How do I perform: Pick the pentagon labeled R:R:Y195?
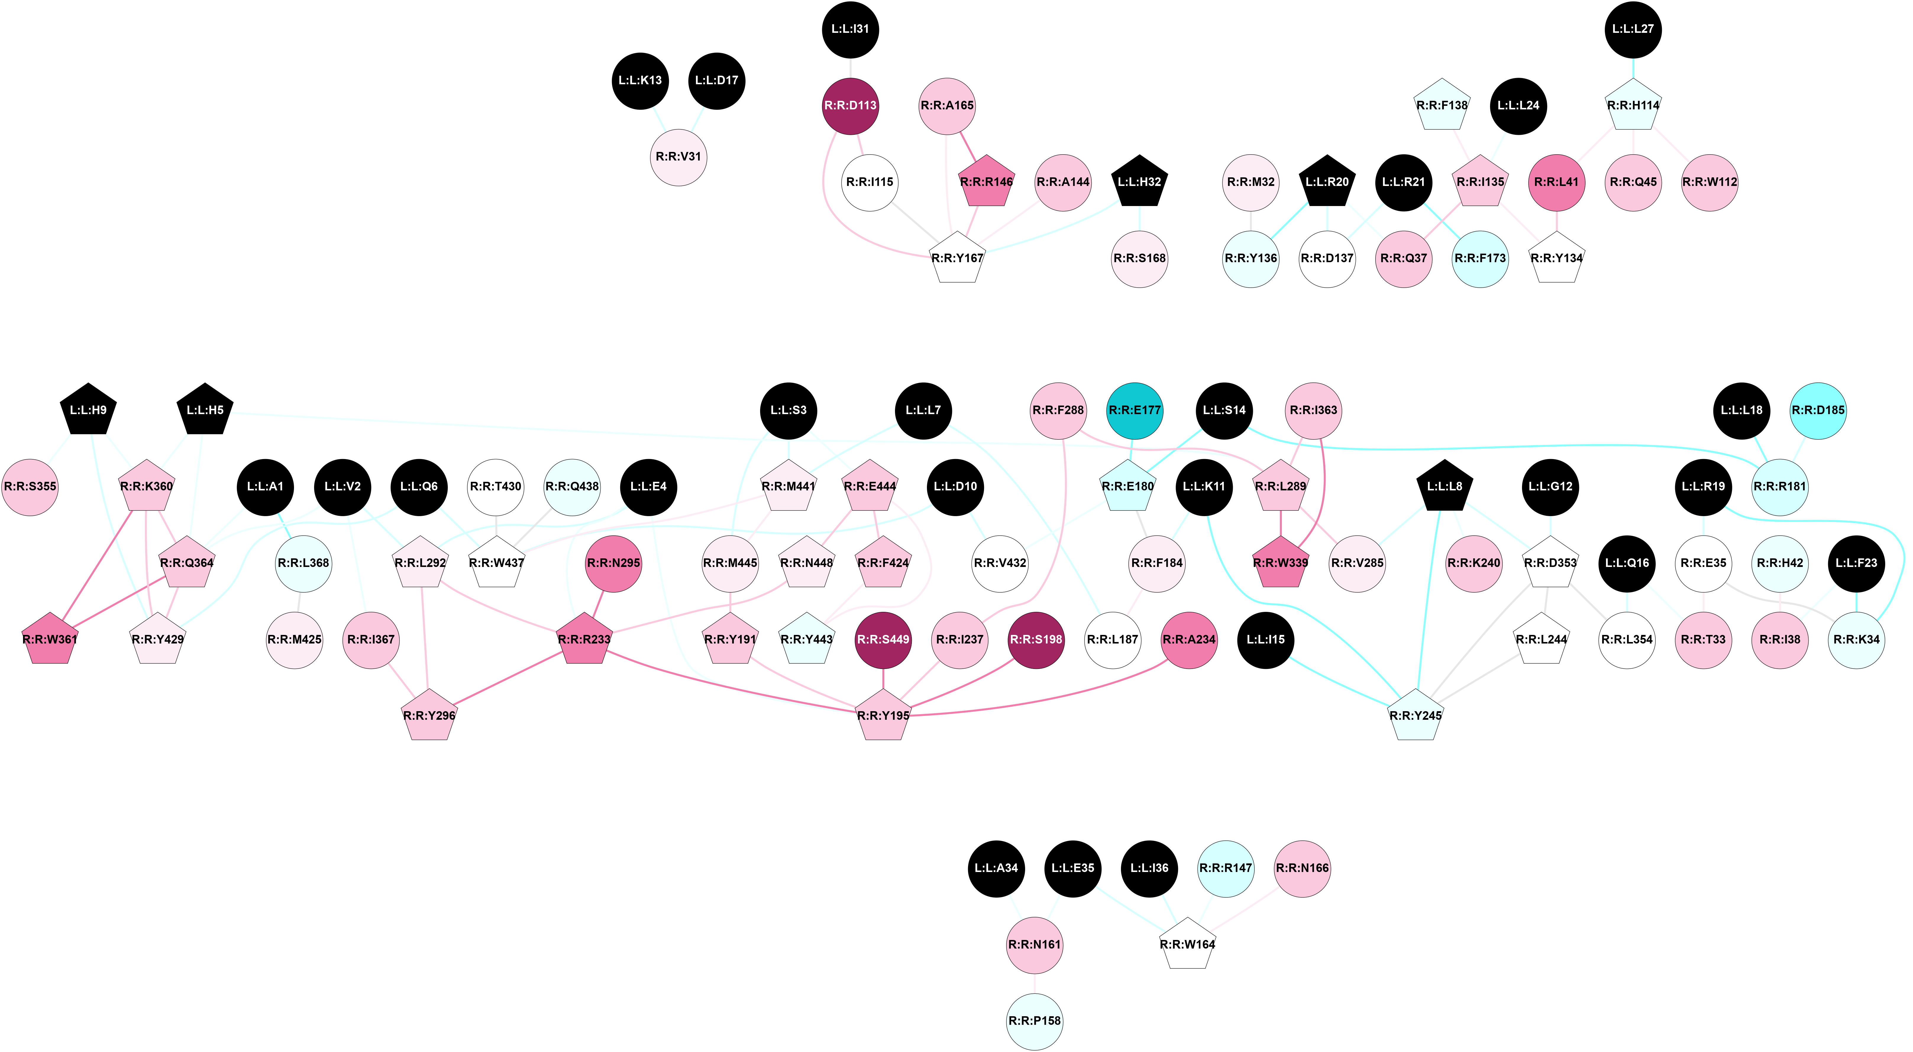click(x=883, y=716)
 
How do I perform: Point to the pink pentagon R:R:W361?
click(x=50, y=639)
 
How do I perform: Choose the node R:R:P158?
click(x=1035, y=1021)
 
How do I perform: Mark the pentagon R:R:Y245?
click(x=1416, y=716)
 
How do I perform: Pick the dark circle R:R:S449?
click(x=883, y=639)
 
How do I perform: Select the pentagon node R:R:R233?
click(x=584, y=639)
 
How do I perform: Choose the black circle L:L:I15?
click(x=1266, y=639)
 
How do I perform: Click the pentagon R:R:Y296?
click(x=429, y=716)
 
